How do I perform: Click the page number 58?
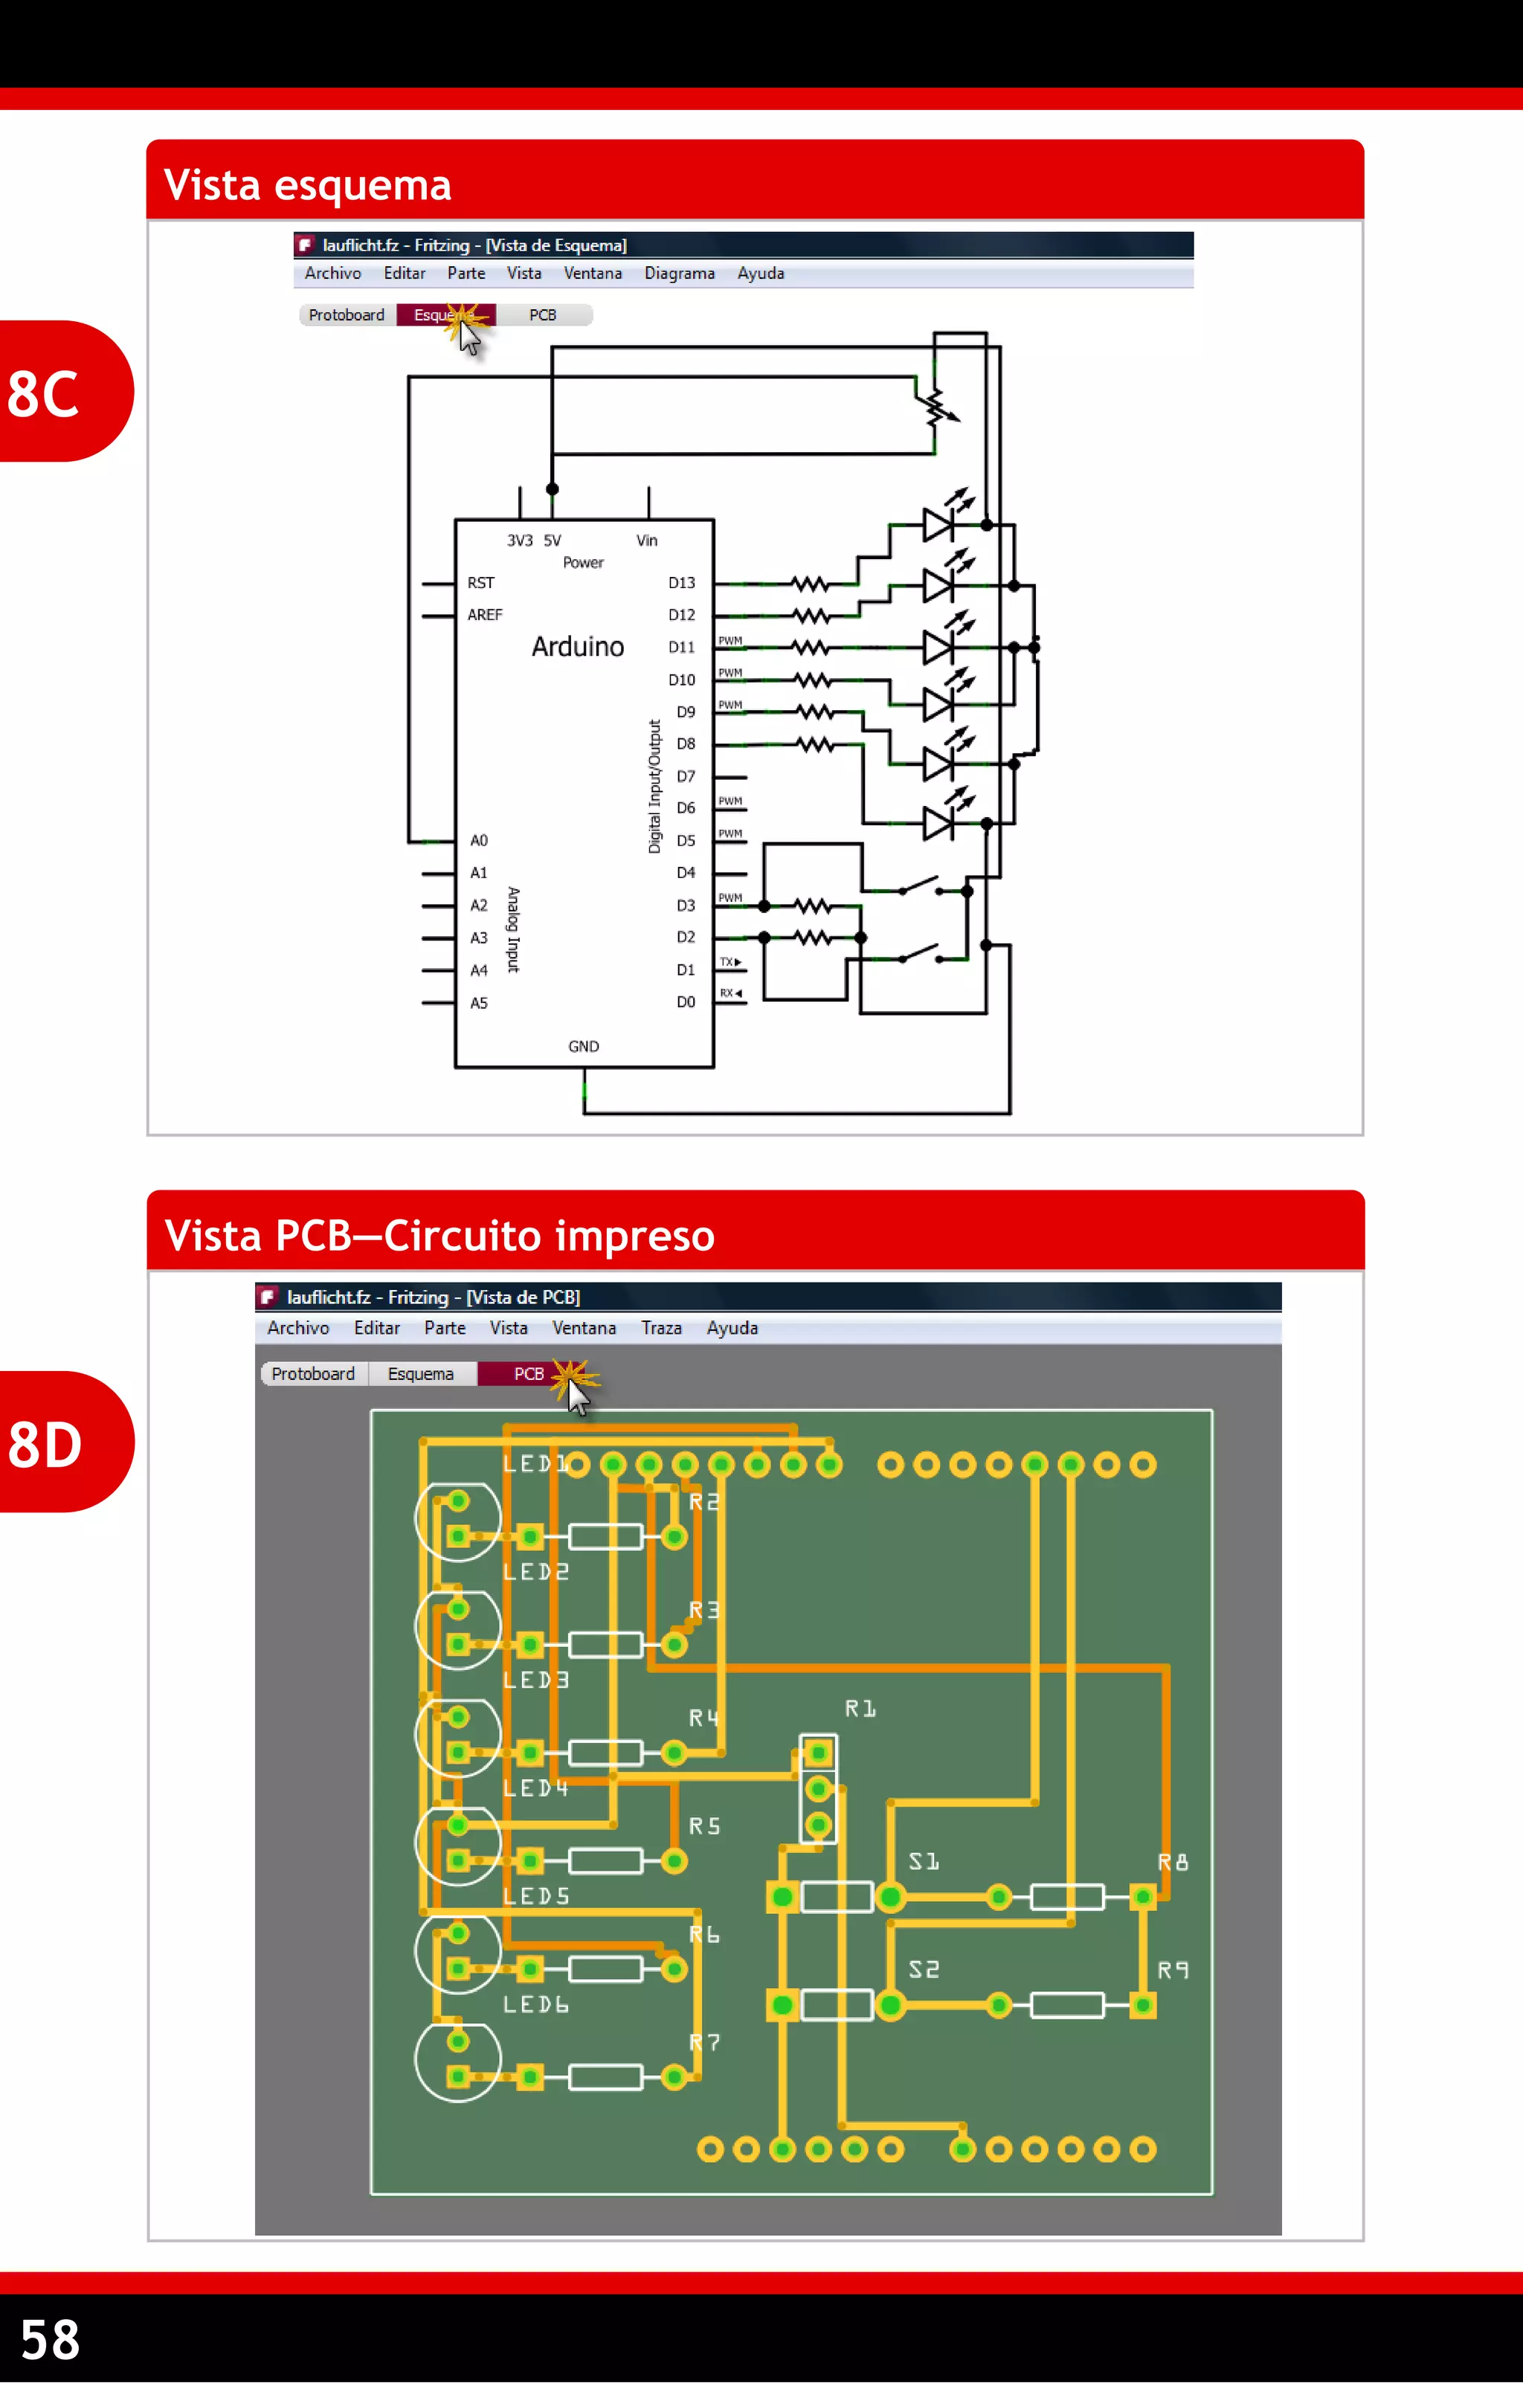[x=51, y=2338]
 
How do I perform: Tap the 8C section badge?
[x=45, y=393]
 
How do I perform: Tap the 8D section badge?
[x=45, y=1443]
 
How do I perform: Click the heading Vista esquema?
[x=307, y=185]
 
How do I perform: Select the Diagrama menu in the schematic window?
[x=679, y=273]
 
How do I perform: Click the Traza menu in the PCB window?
[x=661, y=1328]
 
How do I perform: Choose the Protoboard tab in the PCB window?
[x=313, y=1373]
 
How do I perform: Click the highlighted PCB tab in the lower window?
[x=527, y=1373]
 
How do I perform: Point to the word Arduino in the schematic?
[x=578, y=646]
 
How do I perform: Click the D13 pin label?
[x=681, y=583]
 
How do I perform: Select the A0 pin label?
[x=479, y=840]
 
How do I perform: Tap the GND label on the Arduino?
[x=583, y=1046]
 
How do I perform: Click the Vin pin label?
[x=646, y=541]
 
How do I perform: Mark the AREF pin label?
[x=485, y=615]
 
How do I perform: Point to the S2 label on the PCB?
[x=924, y=1970]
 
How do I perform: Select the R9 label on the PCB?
[x=1173, y=1970]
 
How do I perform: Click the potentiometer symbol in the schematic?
[x=936, y=406]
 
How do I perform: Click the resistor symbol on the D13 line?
[x=810, y=584]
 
